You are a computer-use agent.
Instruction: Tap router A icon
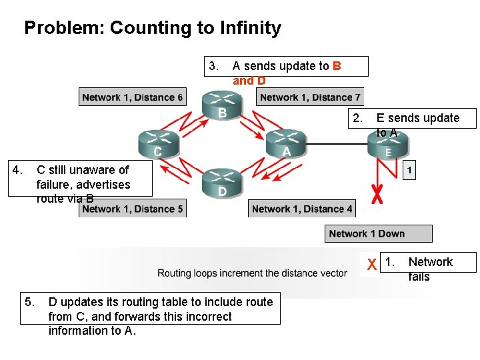click(x=286, y=143)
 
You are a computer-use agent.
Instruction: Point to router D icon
click(x=221, y=182)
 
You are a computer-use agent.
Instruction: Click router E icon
click(x=388, y=145)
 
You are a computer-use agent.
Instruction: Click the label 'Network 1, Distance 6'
click(x=132, y=97)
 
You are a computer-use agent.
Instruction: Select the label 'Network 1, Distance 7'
click(x=310, y=97)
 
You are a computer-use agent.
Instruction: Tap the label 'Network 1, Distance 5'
click(x=132, y=209)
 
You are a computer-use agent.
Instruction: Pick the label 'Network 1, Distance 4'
click(x=302, y=209)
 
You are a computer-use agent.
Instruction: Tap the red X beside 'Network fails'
click(x=371, y=265)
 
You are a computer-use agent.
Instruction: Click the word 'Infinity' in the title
click(x=247, y=28)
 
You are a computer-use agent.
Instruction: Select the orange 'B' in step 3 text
click(x=337, y=65)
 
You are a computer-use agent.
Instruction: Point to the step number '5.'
click(x=30, y=302)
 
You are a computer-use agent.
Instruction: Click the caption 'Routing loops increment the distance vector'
click(x=252, y=273)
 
